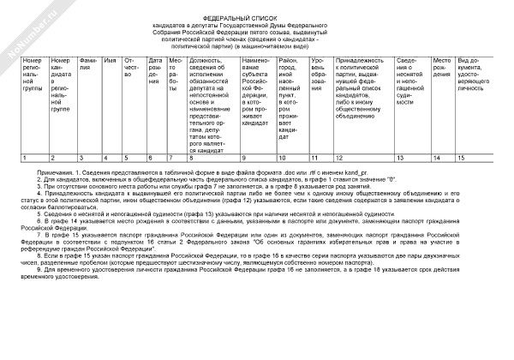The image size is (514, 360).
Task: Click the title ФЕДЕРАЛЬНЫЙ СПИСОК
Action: pos(257,17)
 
